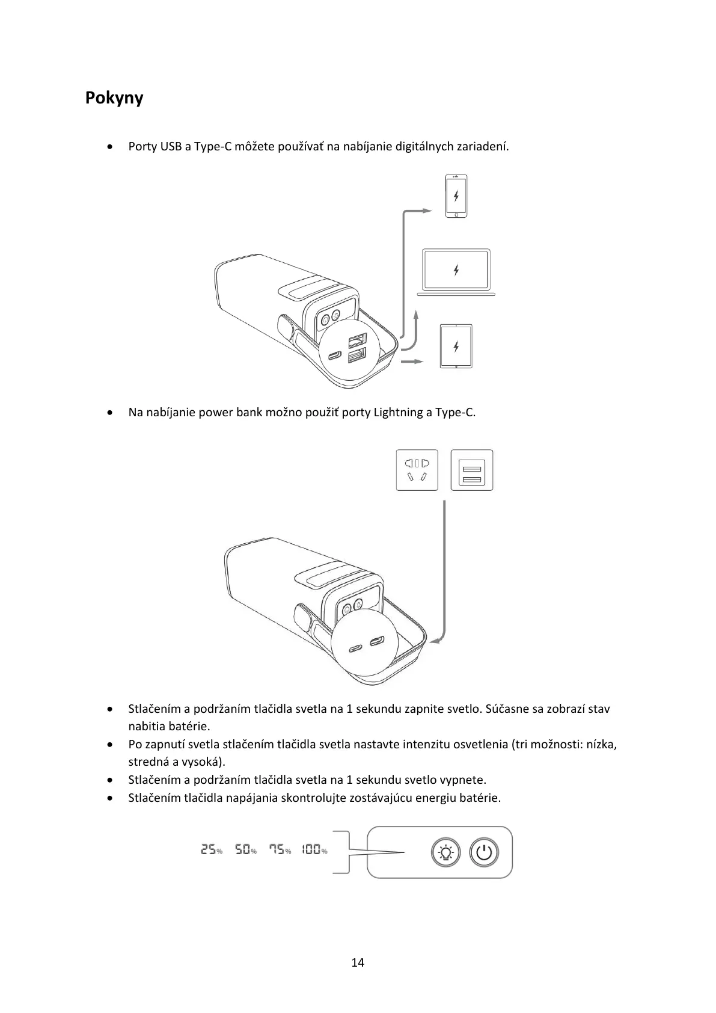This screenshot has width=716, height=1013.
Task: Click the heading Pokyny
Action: point(114,97)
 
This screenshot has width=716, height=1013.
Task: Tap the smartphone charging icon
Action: point(456,196)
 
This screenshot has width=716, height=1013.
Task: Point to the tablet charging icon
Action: point(456,346)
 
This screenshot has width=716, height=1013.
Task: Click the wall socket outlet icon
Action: point(417,470)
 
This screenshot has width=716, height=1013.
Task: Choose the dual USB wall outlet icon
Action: point(472,470)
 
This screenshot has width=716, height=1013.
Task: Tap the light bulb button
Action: point(445,852)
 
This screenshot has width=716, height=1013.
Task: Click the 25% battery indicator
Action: point(211,850)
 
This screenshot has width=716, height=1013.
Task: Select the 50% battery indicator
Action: point(245,850)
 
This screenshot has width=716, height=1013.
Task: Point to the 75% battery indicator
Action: point(280,850)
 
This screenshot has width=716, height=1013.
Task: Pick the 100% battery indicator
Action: point(314,850)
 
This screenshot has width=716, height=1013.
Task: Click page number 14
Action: point(358,962)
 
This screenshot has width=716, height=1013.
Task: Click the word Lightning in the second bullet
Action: point(399,413)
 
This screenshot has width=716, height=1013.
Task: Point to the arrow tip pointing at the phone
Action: point(428,211)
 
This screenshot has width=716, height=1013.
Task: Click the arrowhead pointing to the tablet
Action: point(421,362)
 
